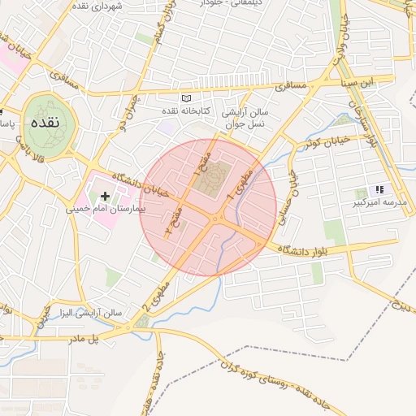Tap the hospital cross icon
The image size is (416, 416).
(x=105, y=196)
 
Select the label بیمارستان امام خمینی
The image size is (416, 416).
(x=106, y=209)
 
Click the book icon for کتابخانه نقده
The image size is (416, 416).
(x=185, y=98)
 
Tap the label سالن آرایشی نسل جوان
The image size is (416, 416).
(x=245, y=117)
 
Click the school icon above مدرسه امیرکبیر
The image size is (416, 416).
(x=379, y=189)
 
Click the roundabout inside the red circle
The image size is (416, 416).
(x=217, y=219)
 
